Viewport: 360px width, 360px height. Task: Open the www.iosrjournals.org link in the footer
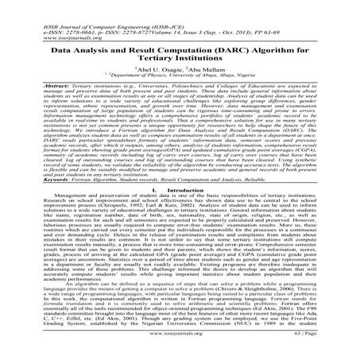tap(180, 350)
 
